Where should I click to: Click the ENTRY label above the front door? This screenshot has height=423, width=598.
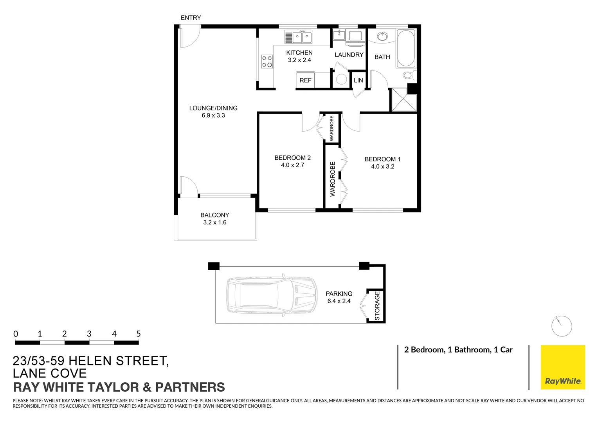tap(191, 18)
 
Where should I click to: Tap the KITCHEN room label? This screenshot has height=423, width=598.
tap(299, 52)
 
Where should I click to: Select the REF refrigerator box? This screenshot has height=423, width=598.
tap(305, 80)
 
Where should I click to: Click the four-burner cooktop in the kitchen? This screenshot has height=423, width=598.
tap(267, 61)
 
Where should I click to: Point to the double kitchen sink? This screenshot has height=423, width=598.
tap(302, 38)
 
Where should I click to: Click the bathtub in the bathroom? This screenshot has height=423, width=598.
tap(406, 48)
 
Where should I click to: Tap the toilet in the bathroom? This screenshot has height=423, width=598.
tap(409, 75)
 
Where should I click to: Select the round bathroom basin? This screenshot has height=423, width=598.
tap(382, 37)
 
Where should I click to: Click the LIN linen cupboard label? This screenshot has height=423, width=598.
tap(358, 80)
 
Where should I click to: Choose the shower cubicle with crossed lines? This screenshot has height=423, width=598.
tap(404, 100)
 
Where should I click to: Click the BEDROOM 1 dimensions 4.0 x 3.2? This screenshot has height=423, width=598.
tap(382, 166)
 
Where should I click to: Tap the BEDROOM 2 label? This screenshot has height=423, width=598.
tap(292, 158)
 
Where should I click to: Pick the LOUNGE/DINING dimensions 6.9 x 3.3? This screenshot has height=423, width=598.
tap(213, 116)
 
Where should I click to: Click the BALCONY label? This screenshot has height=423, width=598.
tap(214, 215)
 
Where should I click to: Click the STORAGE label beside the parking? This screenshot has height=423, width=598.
tap(377, 306)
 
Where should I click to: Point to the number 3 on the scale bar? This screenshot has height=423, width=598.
tap(89, 334)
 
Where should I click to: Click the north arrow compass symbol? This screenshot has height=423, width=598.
tap(562, 325)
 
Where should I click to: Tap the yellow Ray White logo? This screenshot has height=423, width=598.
tap(563, 367)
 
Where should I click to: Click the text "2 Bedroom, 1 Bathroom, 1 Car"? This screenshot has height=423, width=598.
tap(458, 350)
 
